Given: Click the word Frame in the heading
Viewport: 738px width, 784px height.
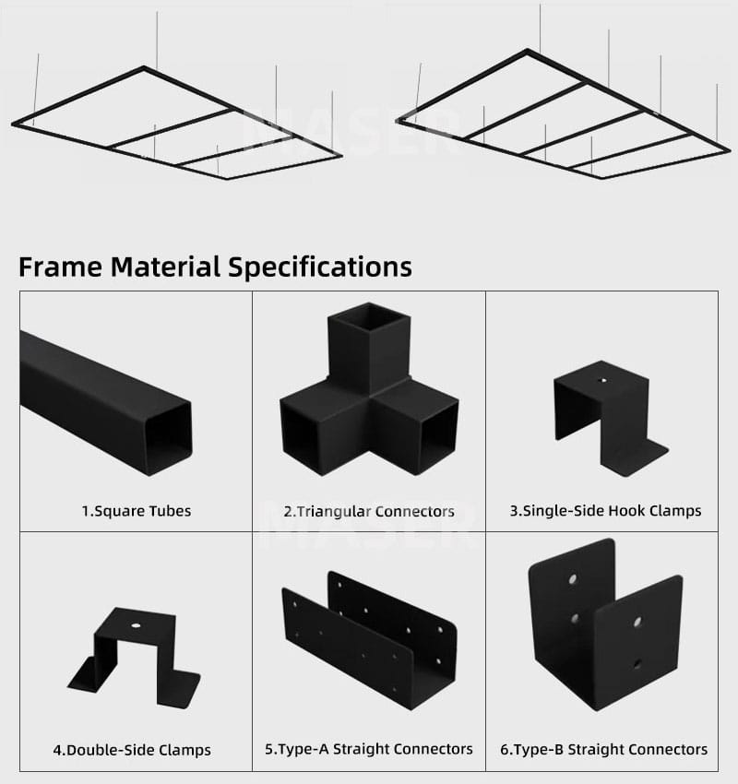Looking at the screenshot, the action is pos(60,267).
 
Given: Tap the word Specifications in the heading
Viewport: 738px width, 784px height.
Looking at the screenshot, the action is pos(320,267).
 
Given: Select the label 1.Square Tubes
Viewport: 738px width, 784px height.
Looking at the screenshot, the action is pos(137,511).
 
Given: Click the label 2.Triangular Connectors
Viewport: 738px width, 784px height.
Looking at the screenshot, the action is pos(369,512).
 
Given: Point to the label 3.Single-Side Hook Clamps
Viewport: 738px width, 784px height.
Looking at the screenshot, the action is pos(605,511).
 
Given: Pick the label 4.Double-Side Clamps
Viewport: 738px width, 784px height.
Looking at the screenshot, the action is pos(132,750).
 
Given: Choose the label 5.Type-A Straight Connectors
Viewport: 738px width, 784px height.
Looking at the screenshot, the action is pos(368,749).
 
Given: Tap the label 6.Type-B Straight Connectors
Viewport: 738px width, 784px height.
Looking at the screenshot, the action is pos(603,750).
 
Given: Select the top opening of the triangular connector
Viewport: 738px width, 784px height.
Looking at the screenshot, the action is pos(370,318).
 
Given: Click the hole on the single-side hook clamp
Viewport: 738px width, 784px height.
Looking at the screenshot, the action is pos(603,381).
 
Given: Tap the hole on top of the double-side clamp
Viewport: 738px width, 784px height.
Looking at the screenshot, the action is pos(136,625).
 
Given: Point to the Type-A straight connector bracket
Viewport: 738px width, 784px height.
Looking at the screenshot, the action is pos(369,641).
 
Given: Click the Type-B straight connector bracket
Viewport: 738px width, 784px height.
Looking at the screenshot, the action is pos(605,625).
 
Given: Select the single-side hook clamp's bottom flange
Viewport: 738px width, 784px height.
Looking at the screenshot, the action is pos(635,457).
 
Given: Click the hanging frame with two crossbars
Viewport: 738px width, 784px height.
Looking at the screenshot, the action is pos(177,122).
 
